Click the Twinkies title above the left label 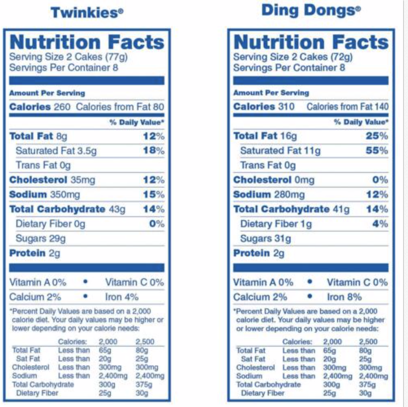[87, 13]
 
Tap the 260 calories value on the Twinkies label [62, 107]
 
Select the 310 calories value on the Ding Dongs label [286, 107]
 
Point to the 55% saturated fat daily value [377, 150]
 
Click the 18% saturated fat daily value [153, 150]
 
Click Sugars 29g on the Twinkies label [41, 238]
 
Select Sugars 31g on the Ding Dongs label [265, 238]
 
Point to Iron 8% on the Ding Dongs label [344, 297]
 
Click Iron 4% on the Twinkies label [122, 297]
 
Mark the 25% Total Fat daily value [377, 136]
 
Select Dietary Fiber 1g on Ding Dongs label [276, 224]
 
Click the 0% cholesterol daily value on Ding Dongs [380, 180]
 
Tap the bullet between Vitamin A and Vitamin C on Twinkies [86, 282]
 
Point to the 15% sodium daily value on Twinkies [153, 195]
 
